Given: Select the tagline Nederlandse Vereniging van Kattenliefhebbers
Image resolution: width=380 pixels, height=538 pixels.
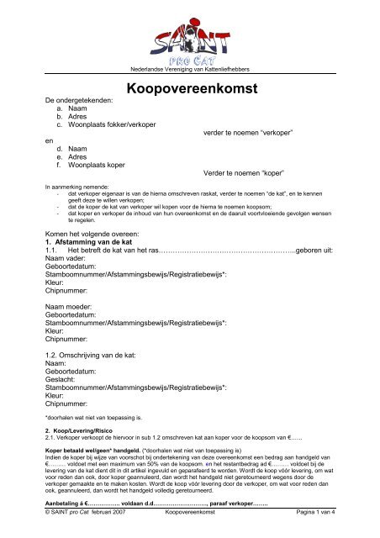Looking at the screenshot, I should click(188, 68).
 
